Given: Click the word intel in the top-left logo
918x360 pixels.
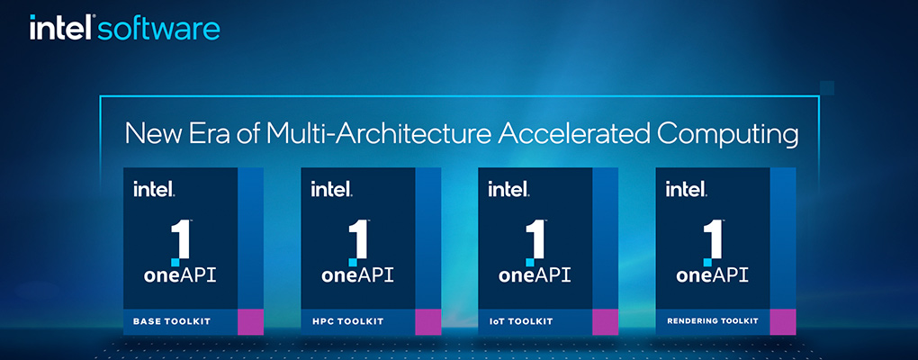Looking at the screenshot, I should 61,29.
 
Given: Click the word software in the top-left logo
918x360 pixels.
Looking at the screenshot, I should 158,29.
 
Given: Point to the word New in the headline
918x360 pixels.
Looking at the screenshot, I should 150,134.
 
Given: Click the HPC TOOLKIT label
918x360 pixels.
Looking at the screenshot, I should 347,321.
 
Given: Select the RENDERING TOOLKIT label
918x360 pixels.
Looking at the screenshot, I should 712,321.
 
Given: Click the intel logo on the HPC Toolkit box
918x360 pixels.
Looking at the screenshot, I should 331,190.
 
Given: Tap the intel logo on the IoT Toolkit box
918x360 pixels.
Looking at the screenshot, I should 508,190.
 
